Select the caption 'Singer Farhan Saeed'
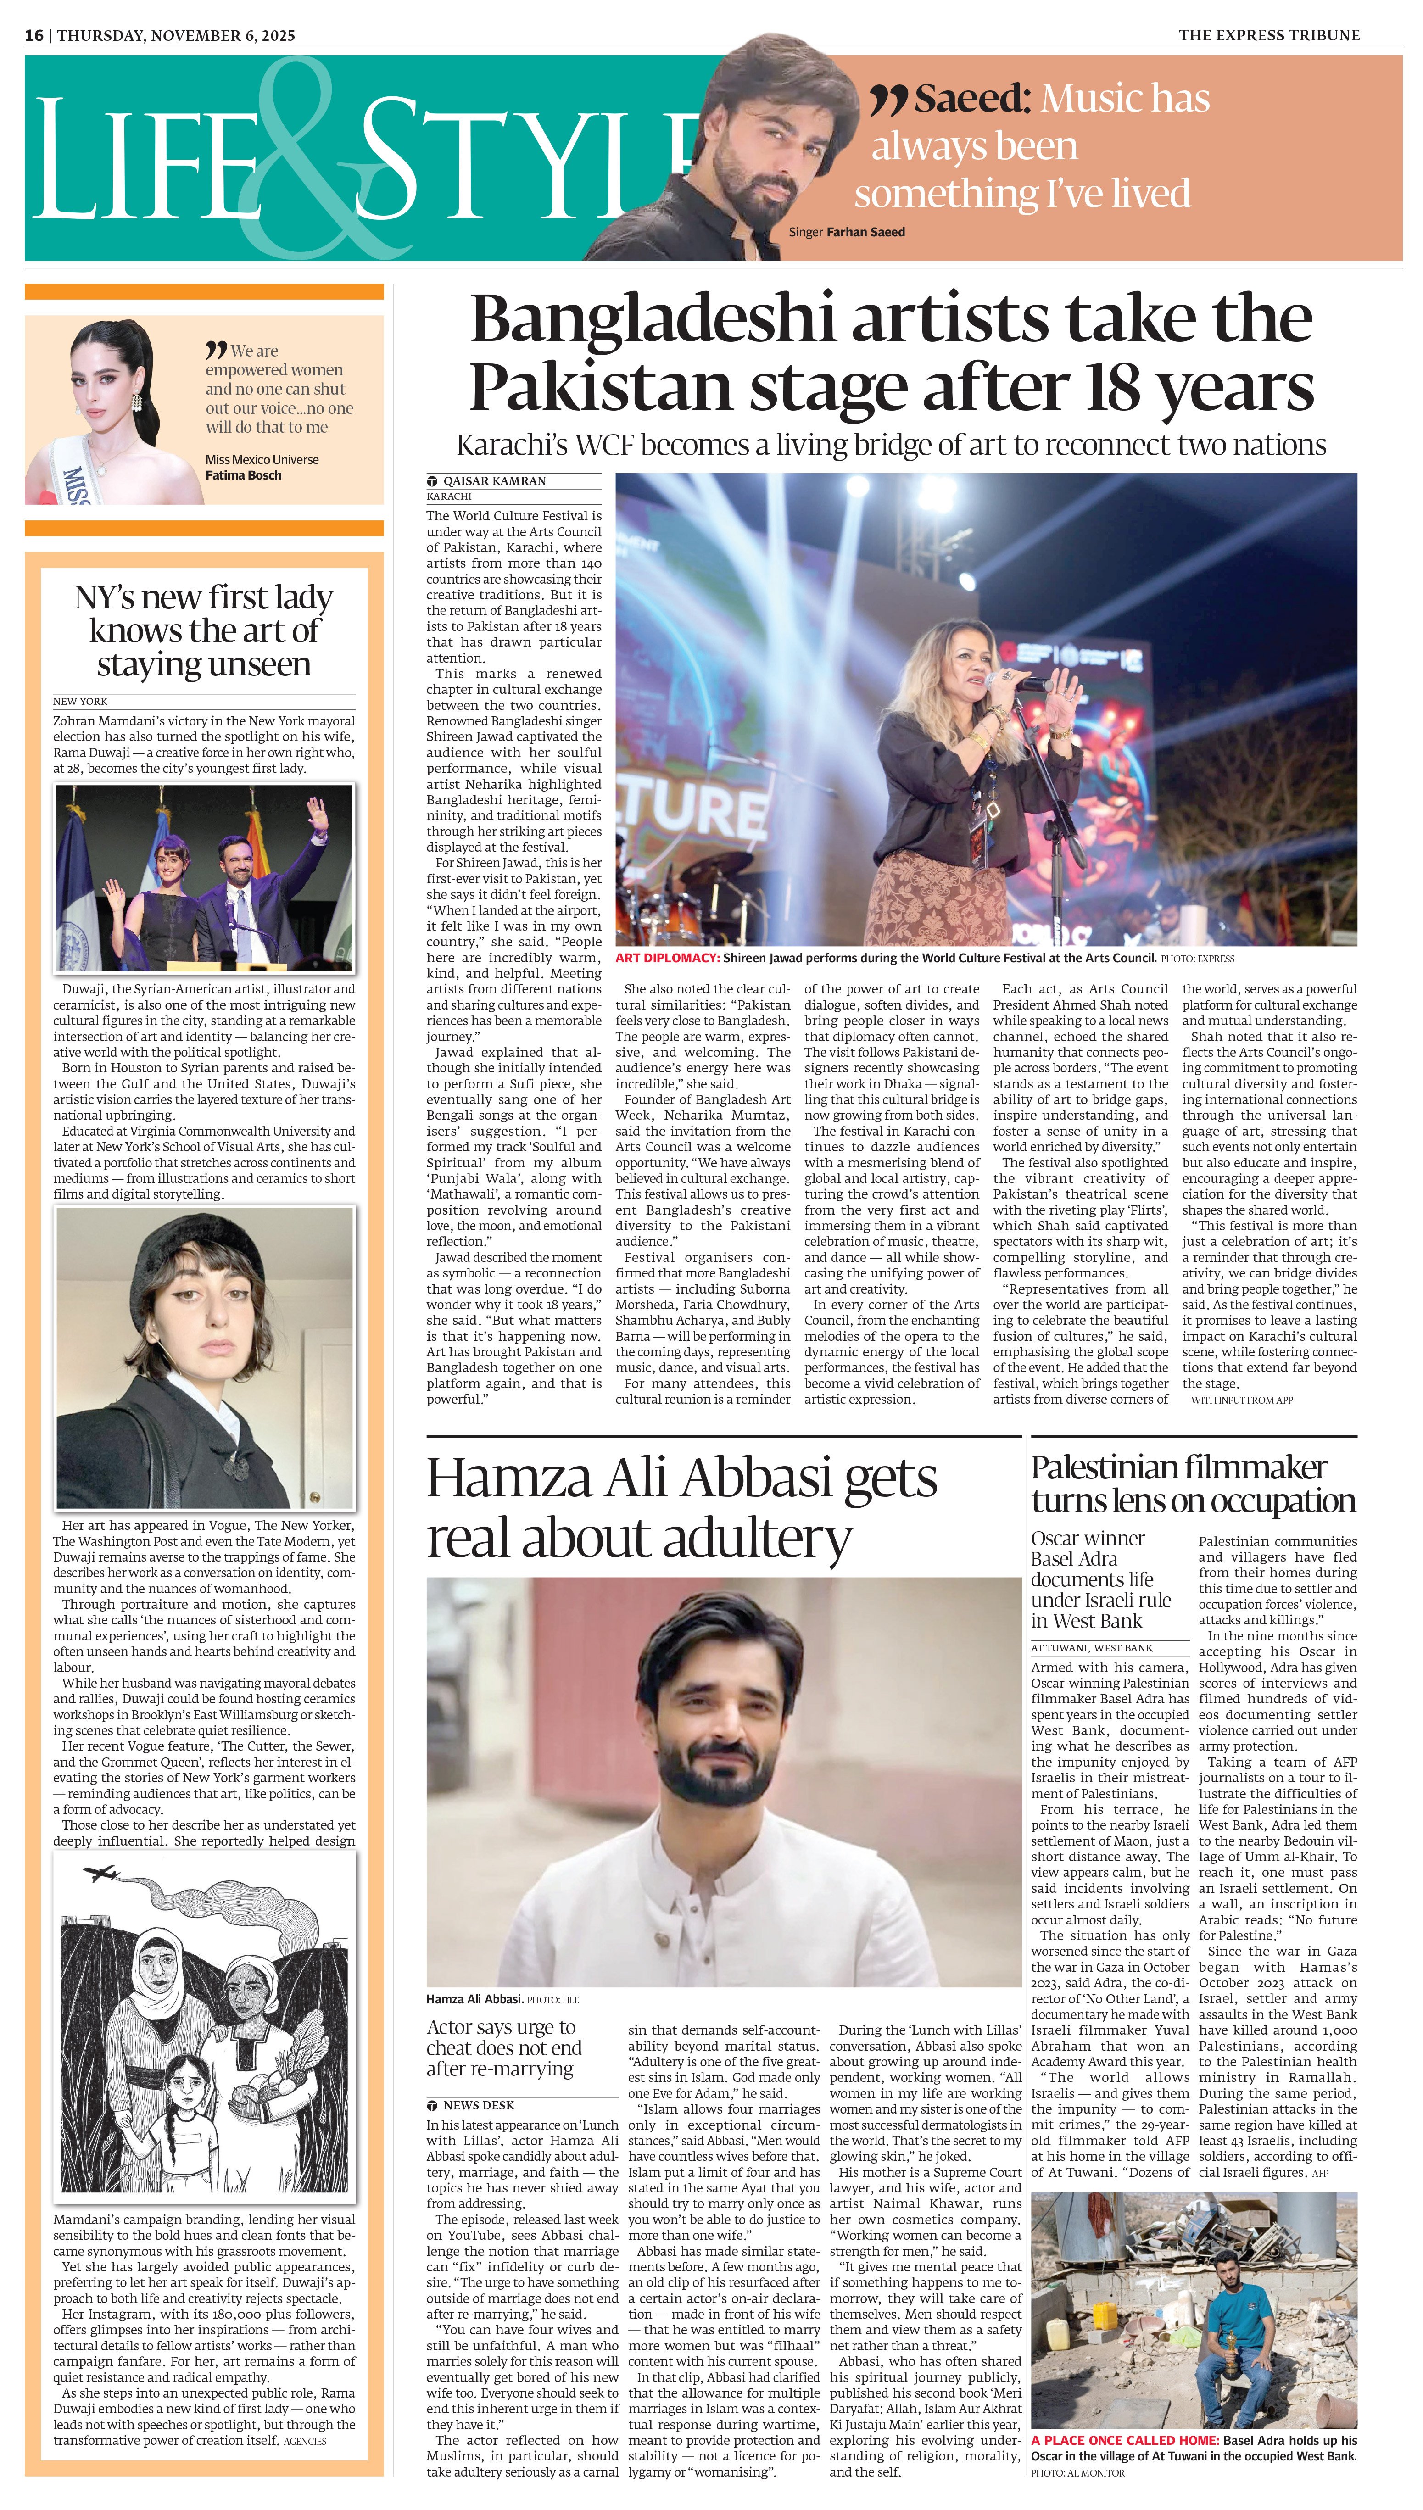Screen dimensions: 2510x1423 pos(846,233)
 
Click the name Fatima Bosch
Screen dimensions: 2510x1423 pos(243,476)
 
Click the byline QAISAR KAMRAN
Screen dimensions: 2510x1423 pos(495,481)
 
